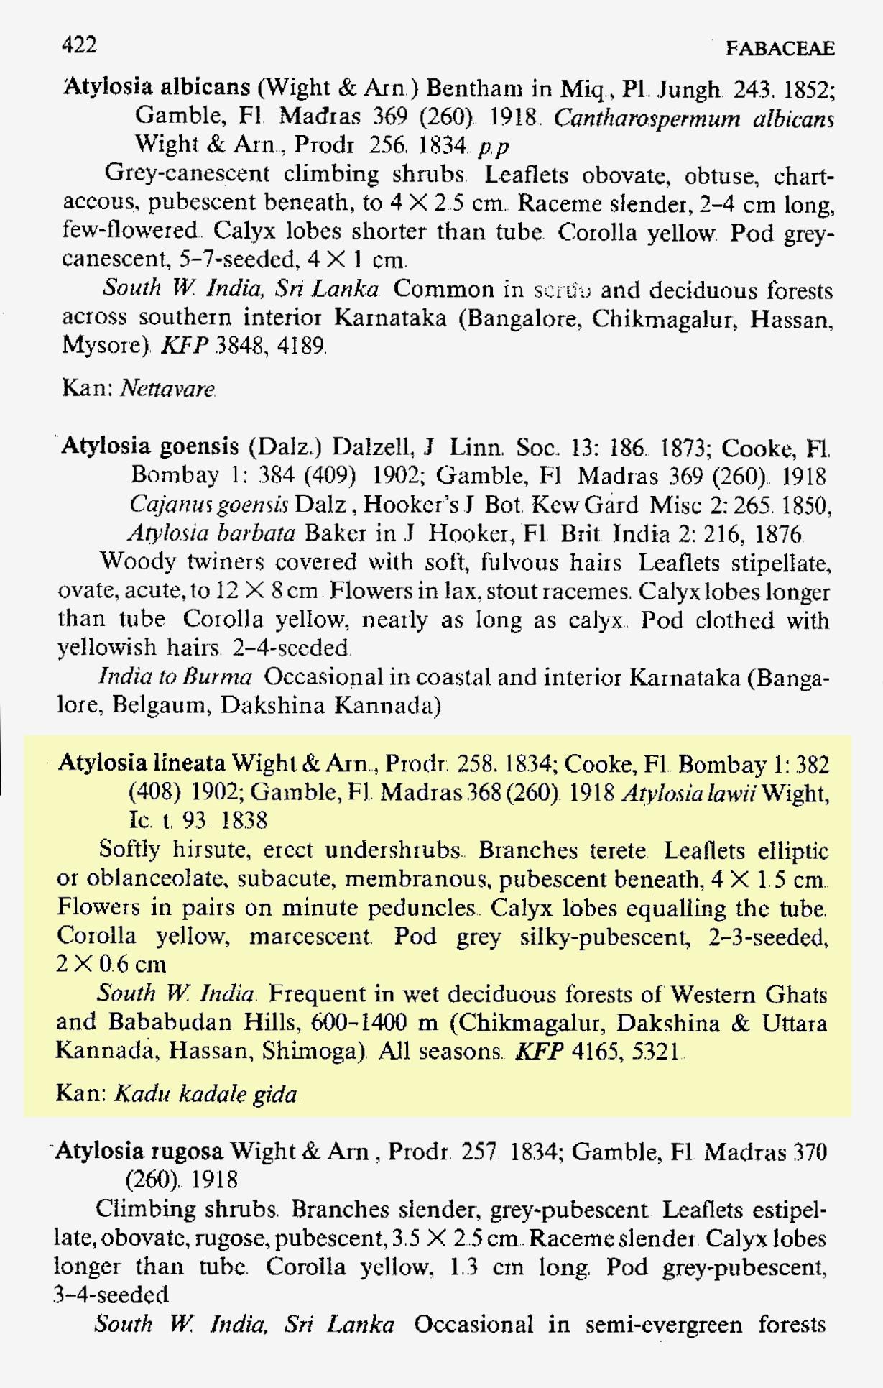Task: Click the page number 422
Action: click(79, 45)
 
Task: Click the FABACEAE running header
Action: click(780, 48)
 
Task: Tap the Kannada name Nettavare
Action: click(167, 389)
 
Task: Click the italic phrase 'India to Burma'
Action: click(175, 676)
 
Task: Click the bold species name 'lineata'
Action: click(190, 763)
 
